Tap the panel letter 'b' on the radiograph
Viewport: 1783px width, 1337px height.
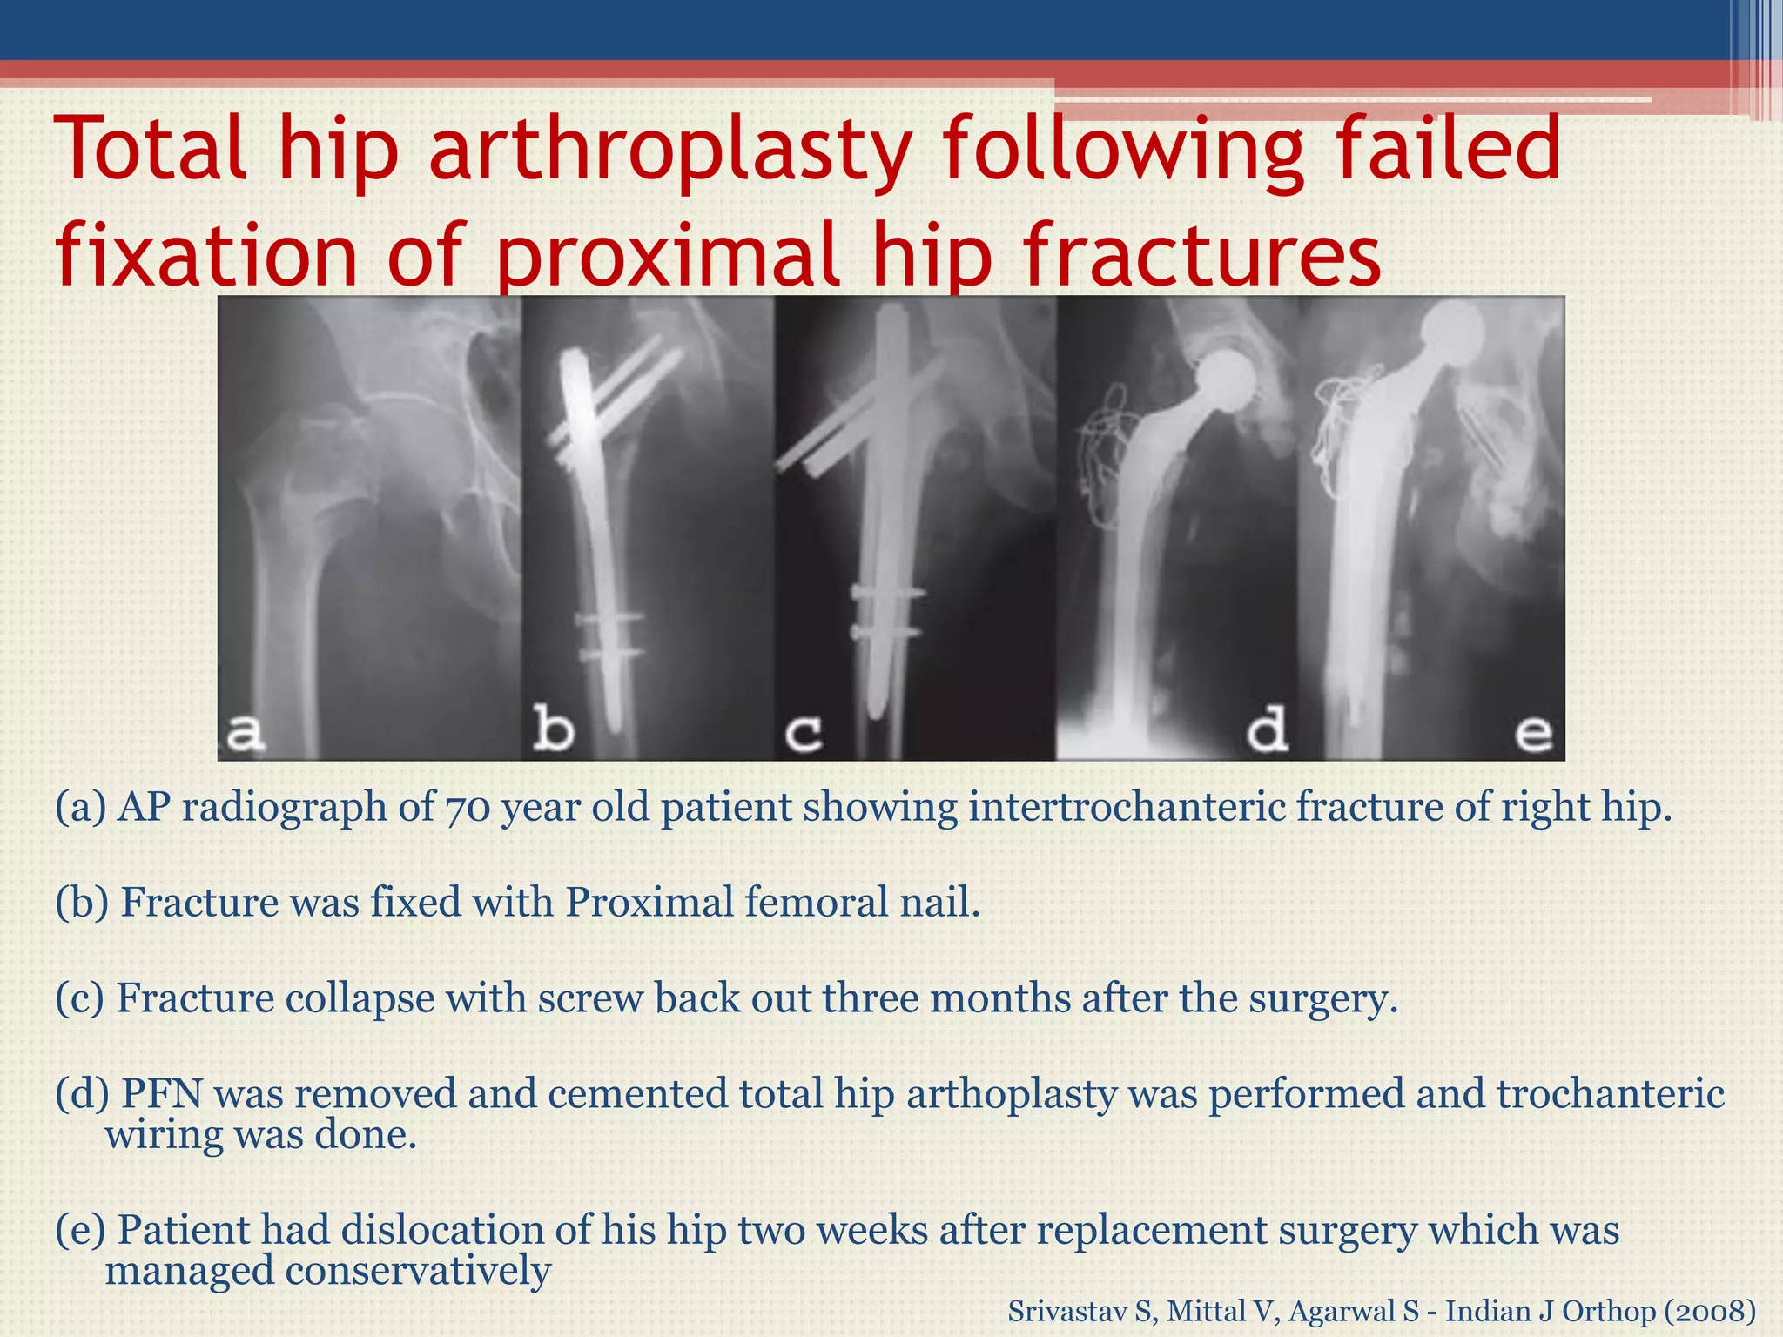(x=553, y=728)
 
